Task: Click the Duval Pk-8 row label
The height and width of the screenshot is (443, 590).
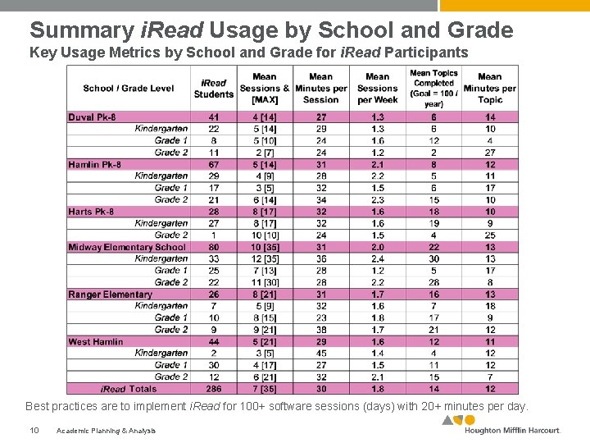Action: (92, 117)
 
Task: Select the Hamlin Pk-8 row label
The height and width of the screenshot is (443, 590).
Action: (94, 165)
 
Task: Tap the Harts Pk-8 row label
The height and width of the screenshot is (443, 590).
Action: (91, 212)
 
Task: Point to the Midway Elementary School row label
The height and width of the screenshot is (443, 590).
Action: (127, 247)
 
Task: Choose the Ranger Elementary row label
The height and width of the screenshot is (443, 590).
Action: (110, 295)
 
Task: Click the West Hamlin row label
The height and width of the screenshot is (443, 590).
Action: (96, 341)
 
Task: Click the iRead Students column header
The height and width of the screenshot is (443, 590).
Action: (214, 89)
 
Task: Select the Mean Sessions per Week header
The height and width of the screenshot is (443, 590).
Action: (378, 89)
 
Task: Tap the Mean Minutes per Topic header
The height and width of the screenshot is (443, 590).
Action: (489, 89)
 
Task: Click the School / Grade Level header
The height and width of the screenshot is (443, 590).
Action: (129, 89)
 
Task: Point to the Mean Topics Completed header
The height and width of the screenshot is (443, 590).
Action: (433, 89)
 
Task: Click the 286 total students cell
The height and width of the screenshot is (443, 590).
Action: (214, 389)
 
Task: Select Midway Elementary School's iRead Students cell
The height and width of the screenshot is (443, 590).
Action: (214, 247)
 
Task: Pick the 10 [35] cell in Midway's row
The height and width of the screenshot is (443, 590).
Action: (265, 247)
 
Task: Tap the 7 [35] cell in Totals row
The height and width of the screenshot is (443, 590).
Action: (265, 389)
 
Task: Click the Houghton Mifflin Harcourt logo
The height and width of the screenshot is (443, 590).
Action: (501, 426)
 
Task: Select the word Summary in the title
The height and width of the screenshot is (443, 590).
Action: (79, 30)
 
